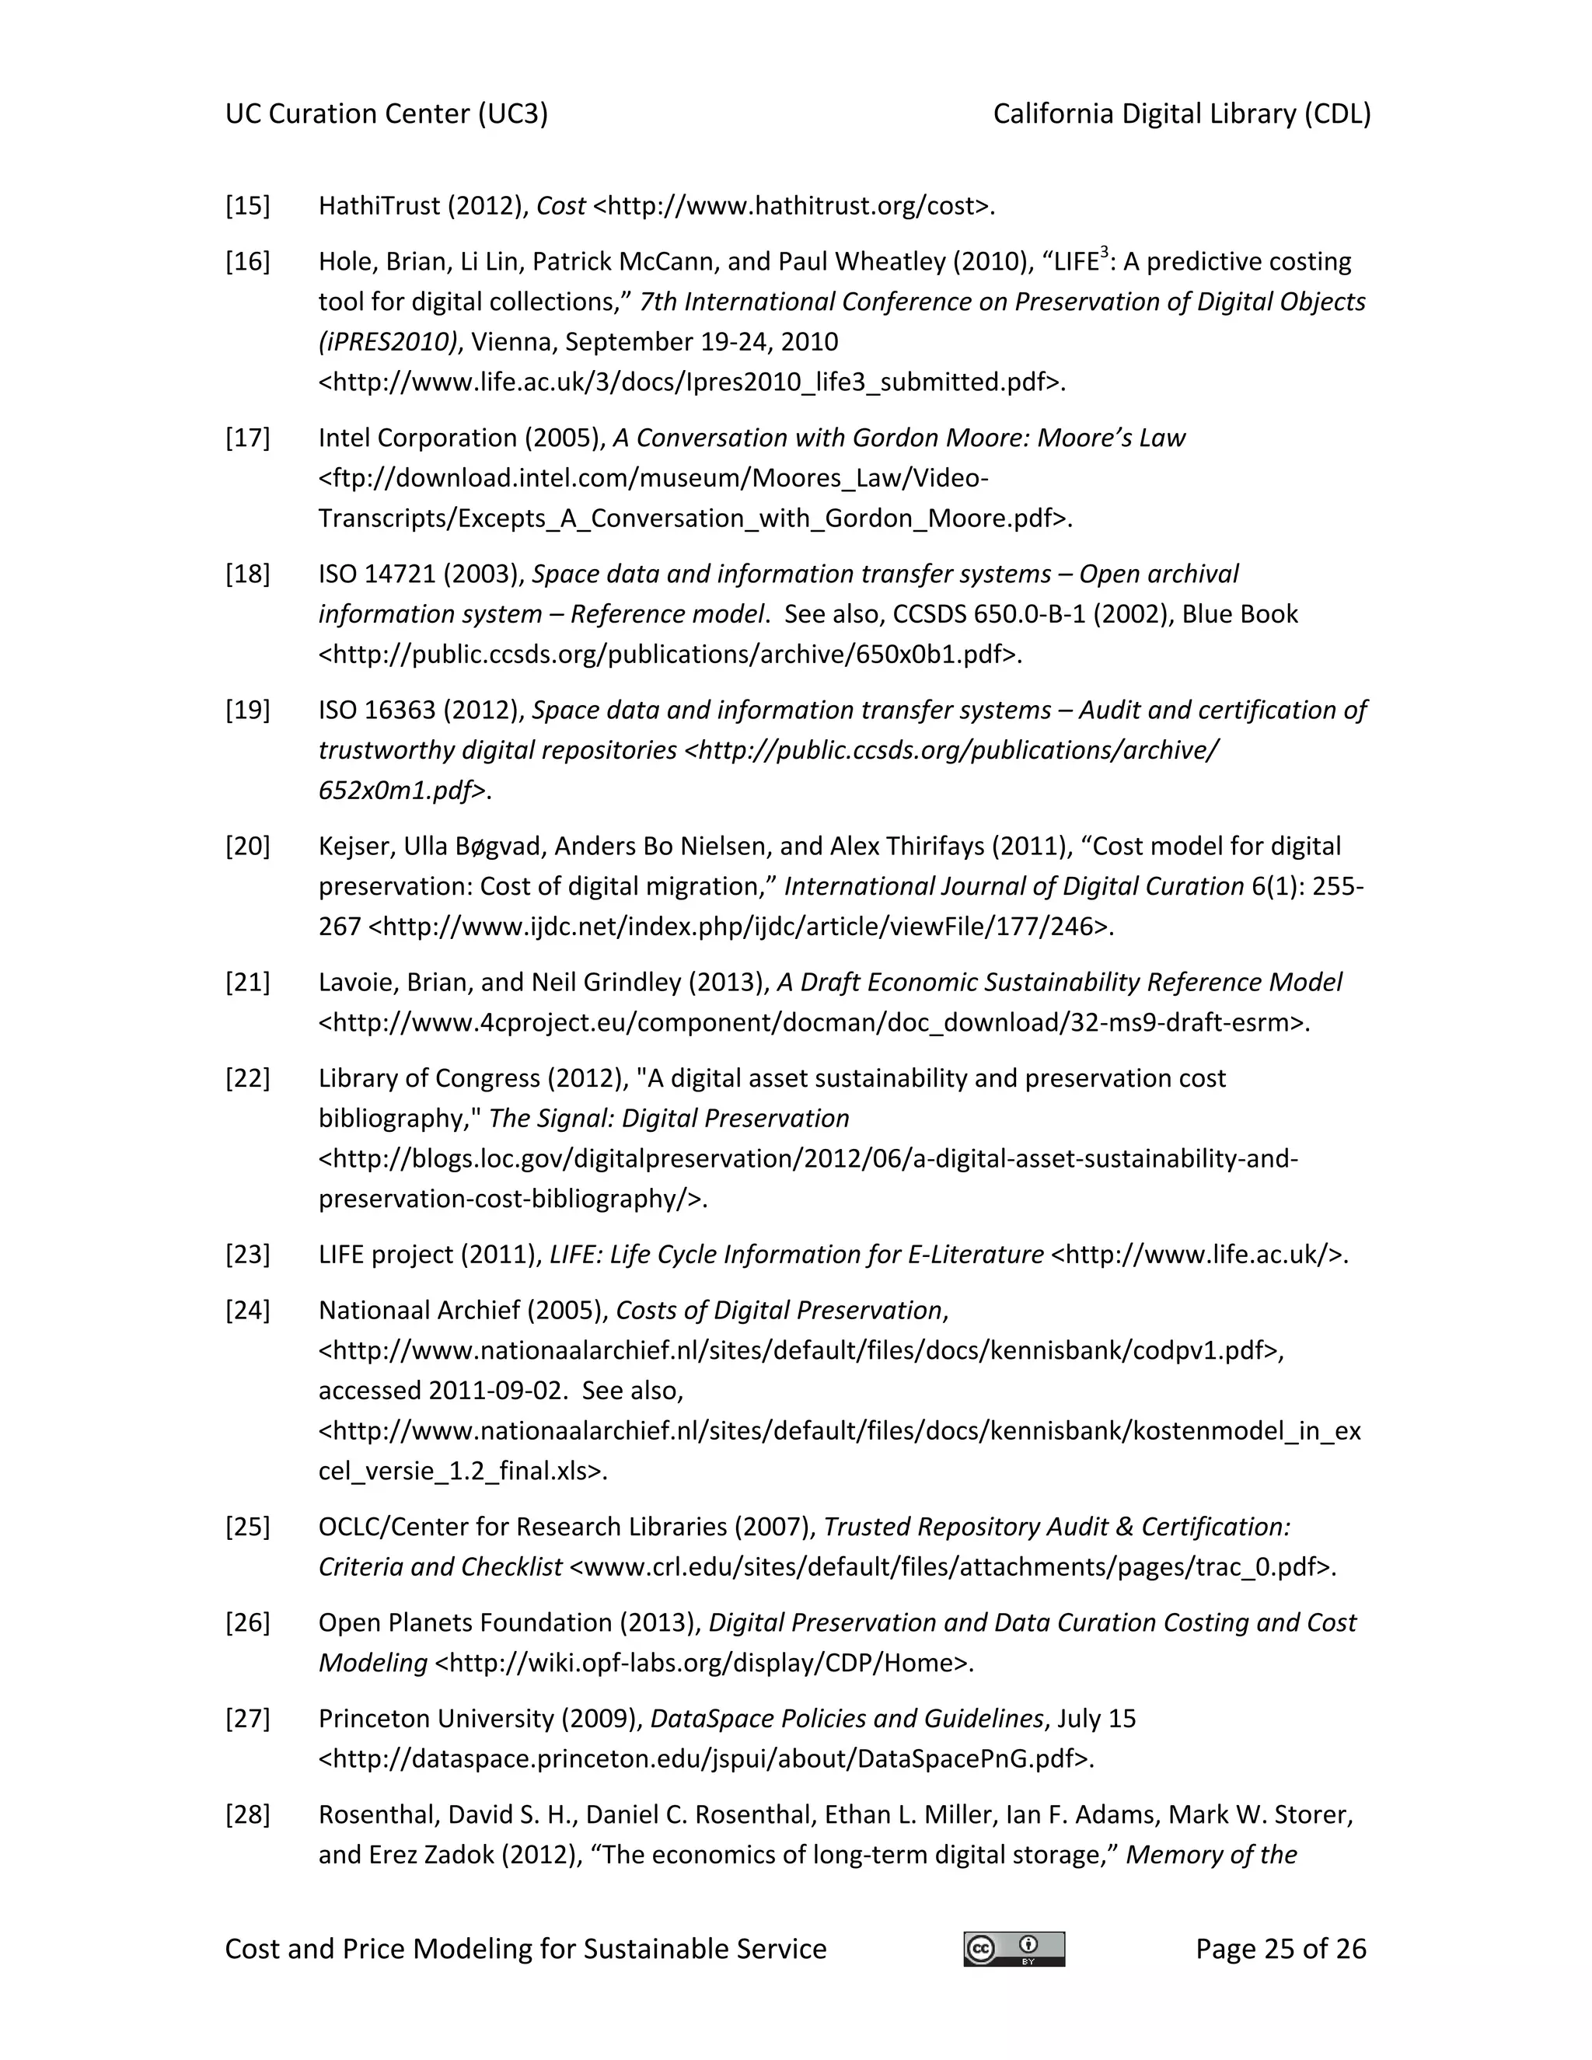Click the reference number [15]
click(x=247, y=206)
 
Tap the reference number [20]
click(x=247, y=846)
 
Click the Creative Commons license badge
click(x=1014, y=1948)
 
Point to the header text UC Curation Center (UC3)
click(x=386, y=114)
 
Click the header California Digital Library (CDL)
click(x=1181, y=114)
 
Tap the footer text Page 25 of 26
click(x=1280, y=1948)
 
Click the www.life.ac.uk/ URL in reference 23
click(x=1198, y=1255)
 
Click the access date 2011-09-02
click(x=498, y=1391)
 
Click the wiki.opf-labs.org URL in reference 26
click(x=703, y=1663)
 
